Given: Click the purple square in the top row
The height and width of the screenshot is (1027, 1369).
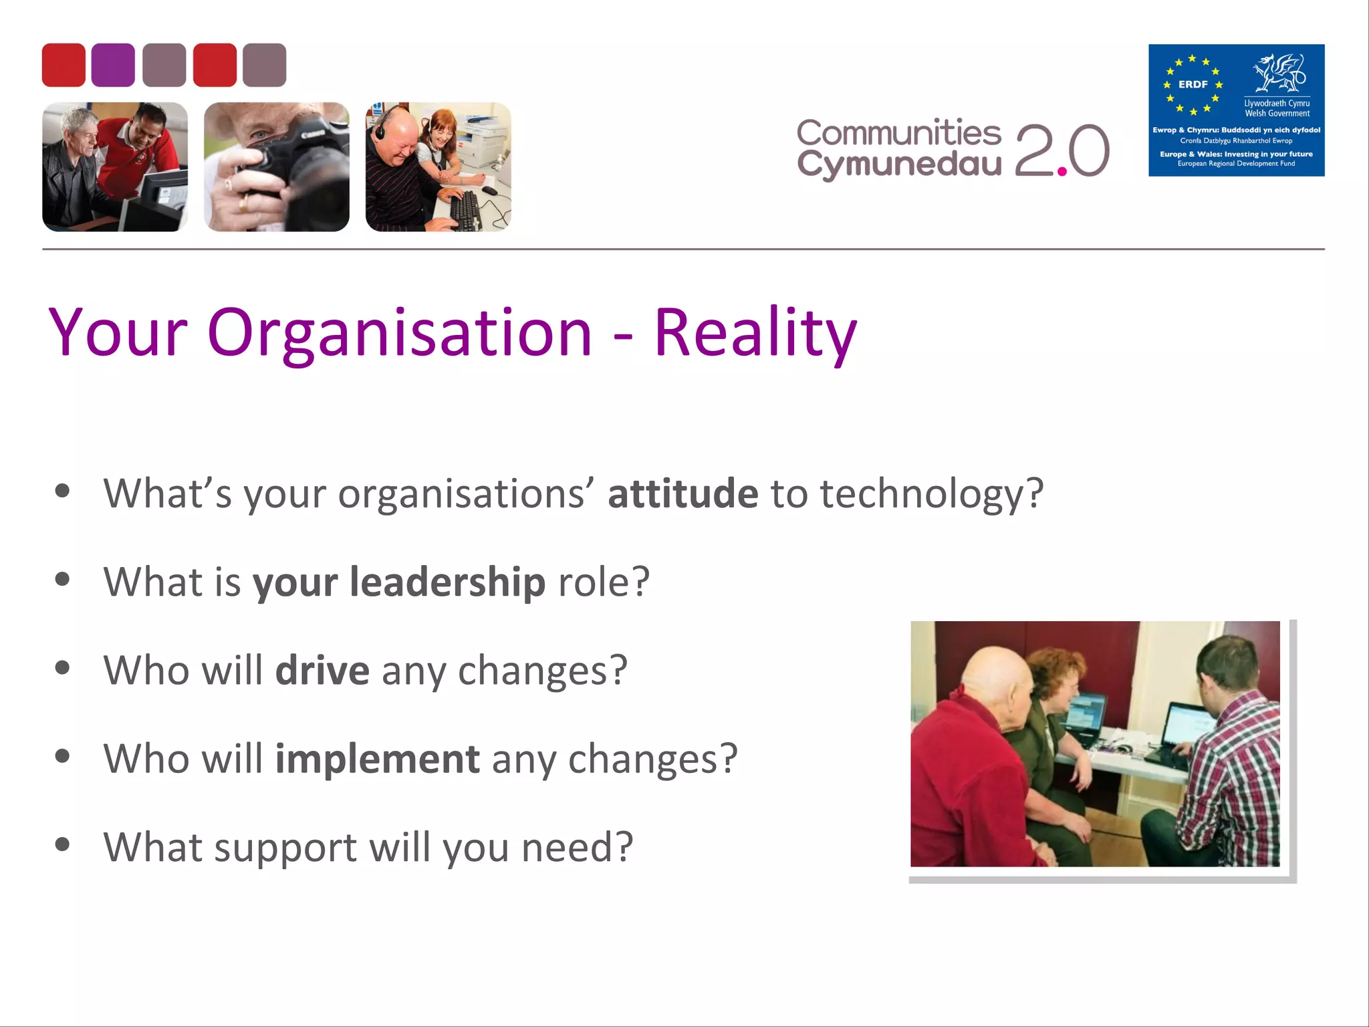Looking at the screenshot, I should (x=113, y=65).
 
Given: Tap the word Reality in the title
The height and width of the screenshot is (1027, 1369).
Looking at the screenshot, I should (x=755, y=332).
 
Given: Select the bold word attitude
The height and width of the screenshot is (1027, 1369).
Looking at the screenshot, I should (x=682, y=493).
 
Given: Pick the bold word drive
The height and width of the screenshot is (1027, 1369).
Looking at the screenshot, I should (x=322, y=670).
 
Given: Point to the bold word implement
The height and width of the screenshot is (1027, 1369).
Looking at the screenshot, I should (x=377, y=759).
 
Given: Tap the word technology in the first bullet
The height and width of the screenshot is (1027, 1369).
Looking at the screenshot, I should (x=931, y=493).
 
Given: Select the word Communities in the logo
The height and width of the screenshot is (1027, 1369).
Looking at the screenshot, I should (x=898, y=132).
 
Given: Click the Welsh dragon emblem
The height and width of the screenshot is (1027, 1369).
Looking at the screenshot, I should (x=1279, y=74).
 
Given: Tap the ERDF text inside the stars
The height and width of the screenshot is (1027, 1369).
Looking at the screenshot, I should (x=1193, y=84).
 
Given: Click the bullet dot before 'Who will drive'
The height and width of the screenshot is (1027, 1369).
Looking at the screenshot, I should (x=63, y=668).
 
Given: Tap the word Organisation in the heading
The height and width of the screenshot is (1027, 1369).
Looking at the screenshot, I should (x=400, y=332).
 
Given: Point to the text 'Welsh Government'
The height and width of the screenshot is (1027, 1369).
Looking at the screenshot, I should (x=1277, y=114).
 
